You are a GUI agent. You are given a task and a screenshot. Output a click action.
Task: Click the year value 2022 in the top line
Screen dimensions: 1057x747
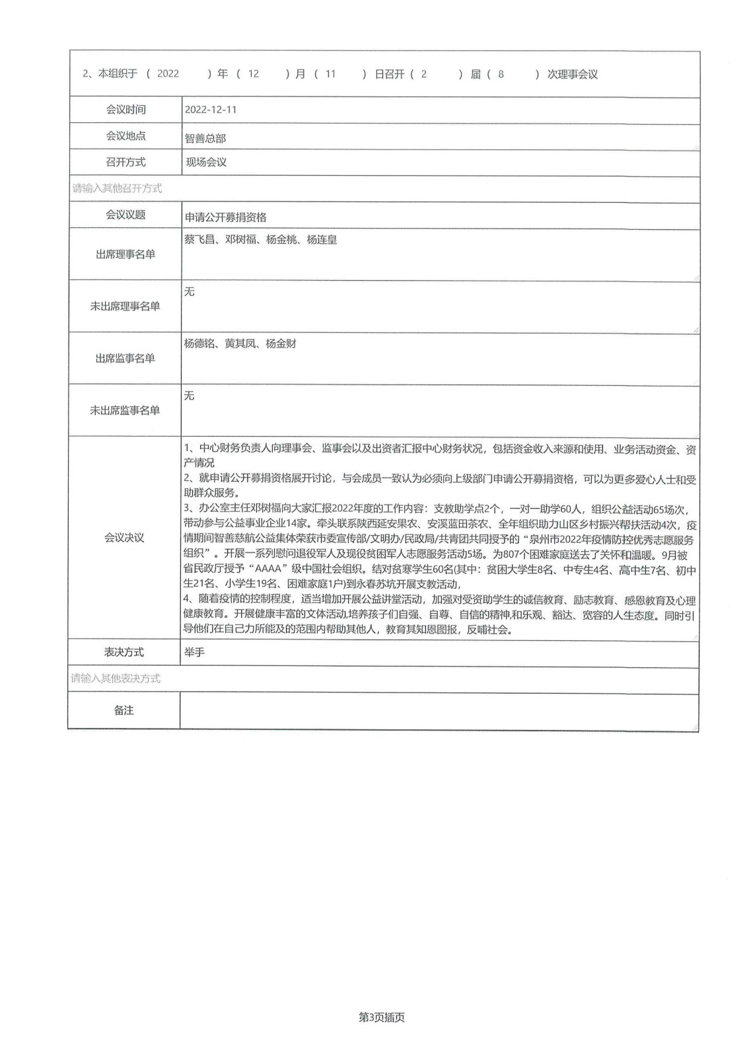click(x=168, y=74)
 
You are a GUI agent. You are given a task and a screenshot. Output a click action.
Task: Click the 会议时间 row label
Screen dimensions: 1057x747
click(x=125, y=110)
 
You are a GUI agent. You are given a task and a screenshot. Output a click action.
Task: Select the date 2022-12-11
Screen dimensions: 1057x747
click(x=211, y=110)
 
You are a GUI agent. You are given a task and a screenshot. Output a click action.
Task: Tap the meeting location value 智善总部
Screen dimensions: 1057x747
click(x=205, y=138)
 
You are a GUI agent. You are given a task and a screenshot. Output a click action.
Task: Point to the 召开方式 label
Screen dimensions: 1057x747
click(x=125, y=162)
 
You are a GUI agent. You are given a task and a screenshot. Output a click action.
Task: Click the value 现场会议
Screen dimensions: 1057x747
click(x=206, y=162)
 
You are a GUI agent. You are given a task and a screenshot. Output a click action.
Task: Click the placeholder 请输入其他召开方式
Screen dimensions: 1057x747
click(x=117, y=188)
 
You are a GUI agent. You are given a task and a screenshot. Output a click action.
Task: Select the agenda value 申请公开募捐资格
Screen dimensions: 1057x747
click(x=226, y=217)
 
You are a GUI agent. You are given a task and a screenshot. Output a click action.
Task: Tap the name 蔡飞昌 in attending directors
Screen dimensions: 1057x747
click(x=199, y=240)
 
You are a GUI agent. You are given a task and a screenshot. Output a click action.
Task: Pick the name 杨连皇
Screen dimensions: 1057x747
click(x=322, y=240)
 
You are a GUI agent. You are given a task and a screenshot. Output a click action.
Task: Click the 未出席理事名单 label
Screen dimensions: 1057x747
click(x=125, y=306)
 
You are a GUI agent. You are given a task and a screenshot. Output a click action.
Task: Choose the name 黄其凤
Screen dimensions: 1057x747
click(x=240, y=344)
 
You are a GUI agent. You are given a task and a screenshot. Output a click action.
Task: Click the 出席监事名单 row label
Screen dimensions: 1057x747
click(x=125, y=358)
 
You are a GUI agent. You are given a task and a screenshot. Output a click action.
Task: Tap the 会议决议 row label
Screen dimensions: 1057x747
click(x=124, y=538)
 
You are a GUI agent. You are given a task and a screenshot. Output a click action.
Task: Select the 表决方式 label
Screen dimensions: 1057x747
click(x=124, y=652)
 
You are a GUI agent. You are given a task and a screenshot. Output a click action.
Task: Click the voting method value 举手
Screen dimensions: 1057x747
click(x=195, y=652)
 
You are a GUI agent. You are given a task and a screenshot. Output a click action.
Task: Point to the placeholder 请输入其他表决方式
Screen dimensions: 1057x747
click(x=116, y=678)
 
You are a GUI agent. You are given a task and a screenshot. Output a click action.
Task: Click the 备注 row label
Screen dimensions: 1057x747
click(x=124, y=710)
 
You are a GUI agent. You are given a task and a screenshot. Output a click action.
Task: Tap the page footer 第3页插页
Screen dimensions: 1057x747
click(x=382, y=1017)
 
